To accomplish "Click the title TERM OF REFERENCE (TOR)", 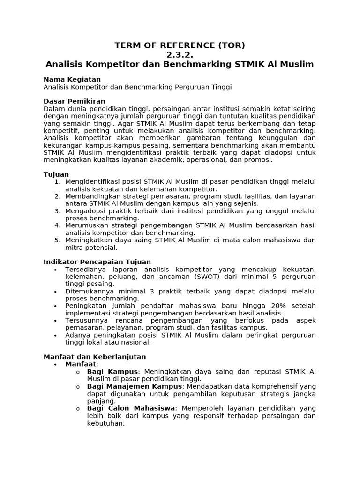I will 180,45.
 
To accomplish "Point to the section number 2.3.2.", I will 180,55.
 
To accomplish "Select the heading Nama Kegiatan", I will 72,79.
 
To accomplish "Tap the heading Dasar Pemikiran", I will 74,101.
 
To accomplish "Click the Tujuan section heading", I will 56,174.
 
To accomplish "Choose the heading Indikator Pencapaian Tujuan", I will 97,262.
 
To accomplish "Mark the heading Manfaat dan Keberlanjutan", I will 95,357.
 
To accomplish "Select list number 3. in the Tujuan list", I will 57,211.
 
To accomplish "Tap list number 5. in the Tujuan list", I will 57,240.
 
